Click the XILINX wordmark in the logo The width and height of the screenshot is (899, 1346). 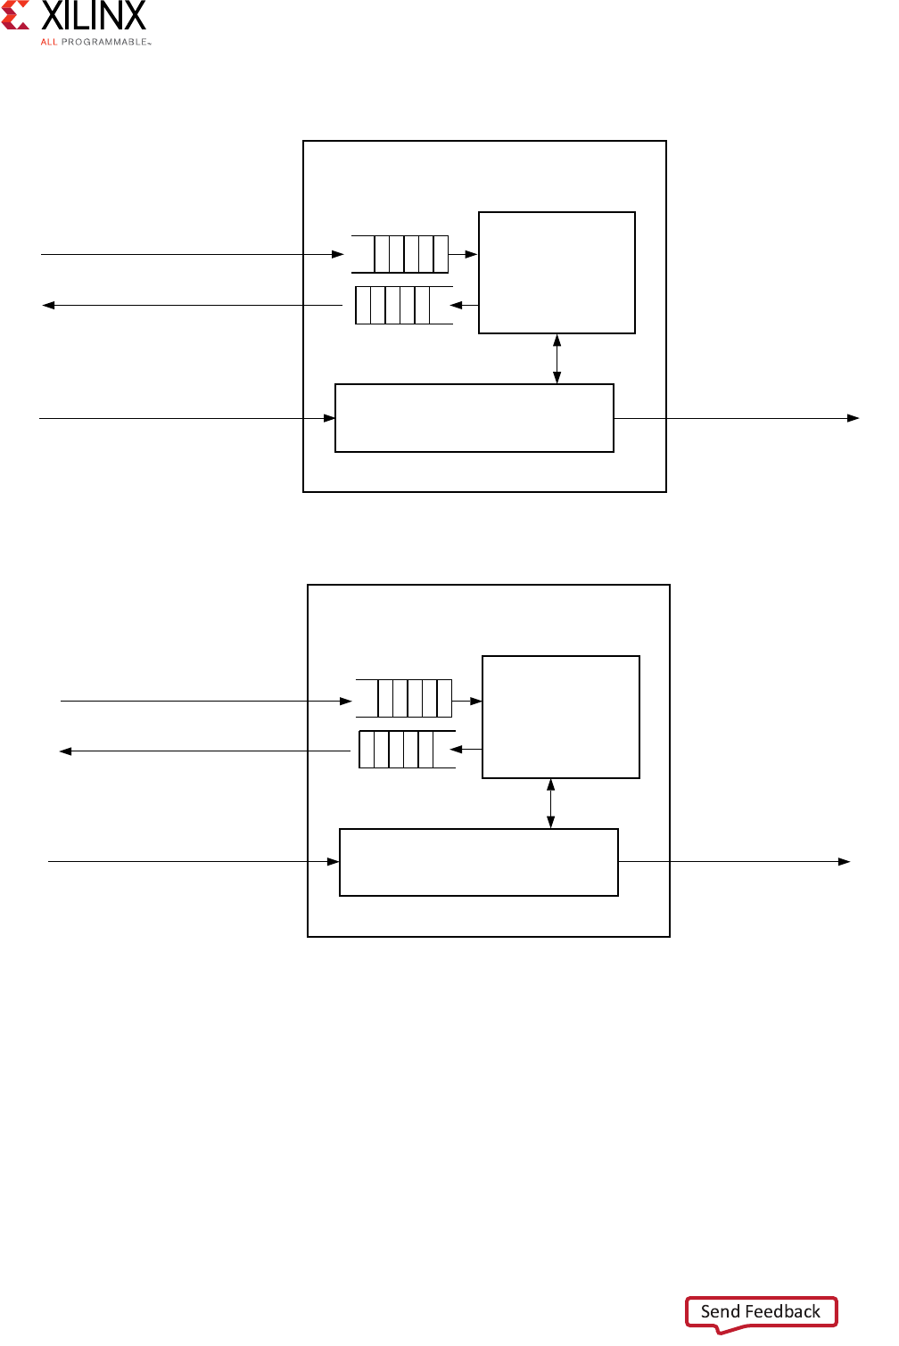(x=94, y=16)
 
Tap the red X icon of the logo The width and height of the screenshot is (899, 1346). (x=15, y=16)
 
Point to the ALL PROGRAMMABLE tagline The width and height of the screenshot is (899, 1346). (x=95, y=42)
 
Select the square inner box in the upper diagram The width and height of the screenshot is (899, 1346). (x=557, y=273)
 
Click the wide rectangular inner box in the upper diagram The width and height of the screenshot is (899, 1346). (x=474, y=418)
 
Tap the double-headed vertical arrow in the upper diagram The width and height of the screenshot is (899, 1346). (x=557, y=358)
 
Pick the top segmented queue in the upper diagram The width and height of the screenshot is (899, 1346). (x=400, y=254)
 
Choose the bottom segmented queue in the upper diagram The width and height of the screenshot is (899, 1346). (x=403, y=305)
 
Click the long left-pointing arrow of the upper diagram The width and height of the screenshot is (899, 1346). (x=192, y=305)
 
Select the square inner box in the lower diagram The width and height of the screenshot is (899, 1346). (x=560, y=717)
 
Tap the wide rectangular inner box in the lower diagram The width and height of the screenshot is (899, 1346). (x=478, y=862)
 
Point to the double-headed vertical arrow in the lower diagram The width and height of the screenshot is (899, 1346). (x=550, y=803)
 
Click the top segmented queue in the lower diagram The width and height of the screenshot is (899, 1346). (x=404, y=698)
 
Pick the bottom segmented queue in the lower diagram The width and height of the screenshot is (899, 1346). (x=407, y=750)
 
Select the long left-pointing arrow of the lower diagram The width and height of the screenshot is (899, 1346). (x=205, y=751)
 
